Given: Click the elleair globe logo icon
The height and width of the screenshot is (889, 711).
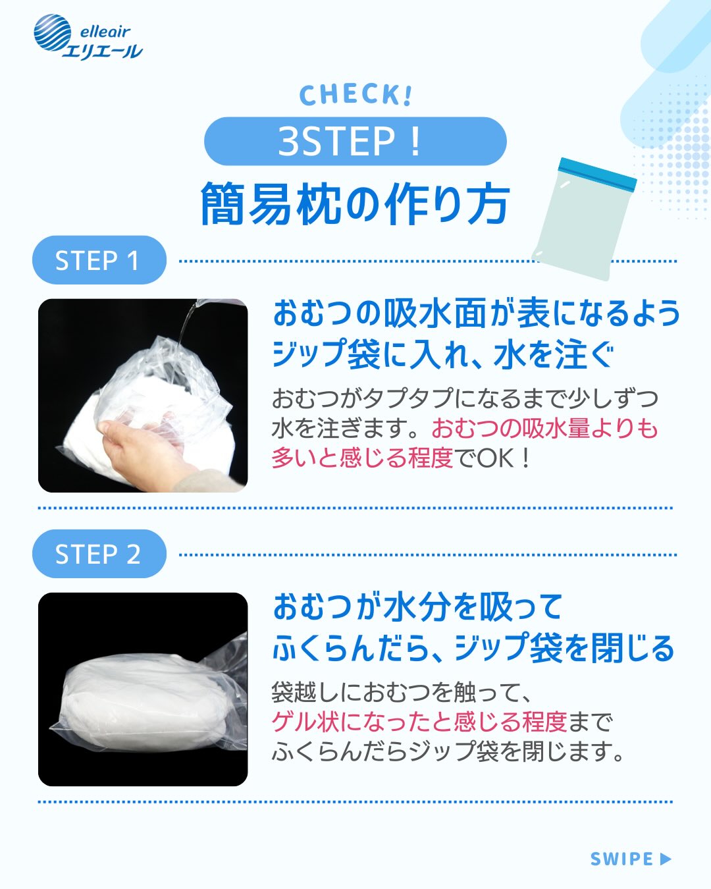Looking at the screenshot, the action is point(53,33).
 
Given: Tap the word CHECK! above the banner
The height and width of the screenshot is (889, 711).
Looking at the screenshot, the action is point(355,95).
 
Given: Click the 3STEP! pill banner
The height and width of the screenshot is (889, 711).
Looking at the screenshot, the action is point(355,142).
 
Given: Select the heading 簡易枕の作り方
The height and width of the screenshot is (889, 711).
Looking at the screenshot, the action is point(355,203).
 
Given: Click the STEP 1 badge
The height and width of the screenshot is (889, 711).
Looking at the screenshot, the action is point(99,260).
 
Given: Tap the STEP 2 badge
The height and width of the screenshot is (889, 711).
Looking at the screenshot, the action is point(99,554).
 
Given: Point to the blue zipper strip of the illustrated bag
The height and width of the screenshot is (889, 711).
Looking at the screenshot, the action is point(597,174).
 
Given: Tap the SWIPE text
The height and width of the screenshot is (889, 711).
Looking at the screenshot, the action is point(621,859).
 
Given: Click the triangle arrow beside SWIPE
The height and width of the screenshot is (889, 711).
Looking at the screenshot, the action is point(665,859).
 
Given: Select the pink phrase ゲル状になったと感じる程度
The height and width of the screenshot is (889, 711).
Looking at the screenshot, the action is point(419,721).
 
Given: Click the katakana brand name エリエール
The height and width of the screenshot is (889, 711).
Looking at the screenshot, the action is point(103,51).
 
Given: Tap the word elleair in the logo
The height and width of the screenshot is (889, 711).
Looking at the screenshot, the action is point(105,32).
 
